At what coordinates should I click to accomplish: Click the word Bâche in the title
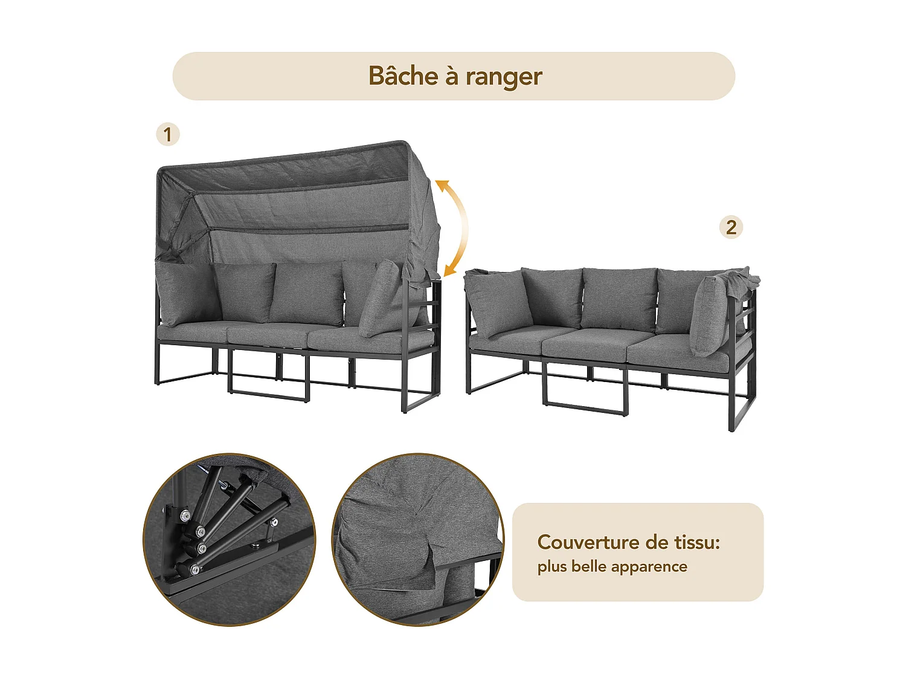pyautogui.click(x=403, y=76)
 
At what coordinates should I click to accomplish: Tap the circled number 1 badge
pyautogui.click(x=168, y=134)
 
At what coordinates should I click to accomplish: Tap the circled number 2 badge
pyautogui.click(x=731, y=228)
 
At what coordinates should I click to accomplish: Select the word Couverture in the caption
pyautogui.click(x=586, y=542)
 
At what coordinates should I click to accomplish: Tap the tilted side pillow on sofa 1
pyautogui.click(x=379, y=299)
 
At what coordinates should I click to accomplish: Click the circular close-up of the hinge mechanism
pyautogui.click(x=229, y=539)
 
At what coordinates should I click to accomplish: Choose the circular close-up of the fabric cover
pyautogui.click(x=418, y=539)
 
